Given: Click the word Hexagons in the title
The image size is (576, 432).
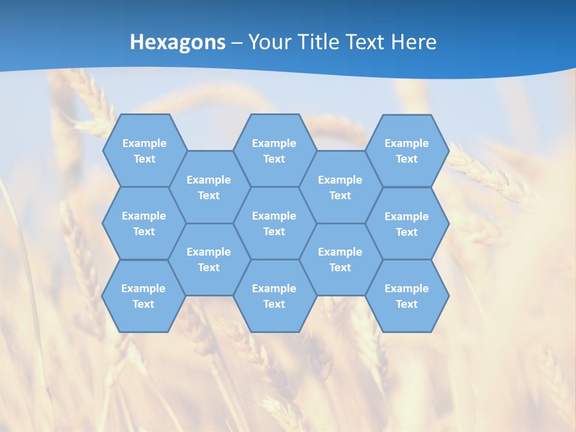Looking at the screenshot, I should click(178, 42).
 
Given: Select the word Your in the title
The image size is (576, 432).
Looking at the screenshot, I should click(269, 42).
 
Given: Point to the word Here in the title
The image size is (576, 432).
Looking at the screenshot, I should click(413, 42).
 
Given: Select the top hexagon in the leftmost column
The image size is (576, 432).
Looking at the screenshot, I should click(144, 151).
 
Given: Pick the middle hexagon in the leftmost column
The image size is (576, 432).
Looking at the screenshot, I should click(144, 223).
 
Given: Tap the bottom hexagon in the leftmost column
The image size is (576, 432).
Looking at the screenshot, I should click(143, 296).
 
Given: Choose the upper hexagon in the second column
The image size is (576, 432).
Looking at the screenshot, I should click(209, 187).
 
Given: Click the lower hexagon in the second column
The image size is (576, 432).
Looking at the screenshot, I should click(209, 259).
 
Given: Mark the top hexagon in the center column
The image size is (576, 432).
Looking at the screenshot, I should click(274, 151).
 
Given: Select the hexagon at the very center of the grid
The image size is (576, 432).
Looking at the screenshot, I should click(274, 223).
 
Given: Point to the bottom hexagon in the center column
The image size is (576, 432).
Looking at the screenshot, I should click(274, 296).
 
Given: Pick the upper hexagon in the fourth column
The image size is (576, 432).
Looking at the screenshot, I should click(340, 187).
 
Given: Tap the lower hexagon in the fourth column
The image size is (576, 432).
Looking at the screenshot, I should click(340, 259).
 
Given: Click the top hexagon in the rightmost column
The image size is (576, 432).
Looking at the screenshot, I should click(407, 151).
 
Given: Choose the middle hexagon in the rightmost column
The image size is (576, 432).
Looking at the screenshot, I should click(407, 224).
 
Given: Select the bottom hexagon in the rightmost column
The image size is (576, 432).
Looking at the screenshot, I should click(407, 296).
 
